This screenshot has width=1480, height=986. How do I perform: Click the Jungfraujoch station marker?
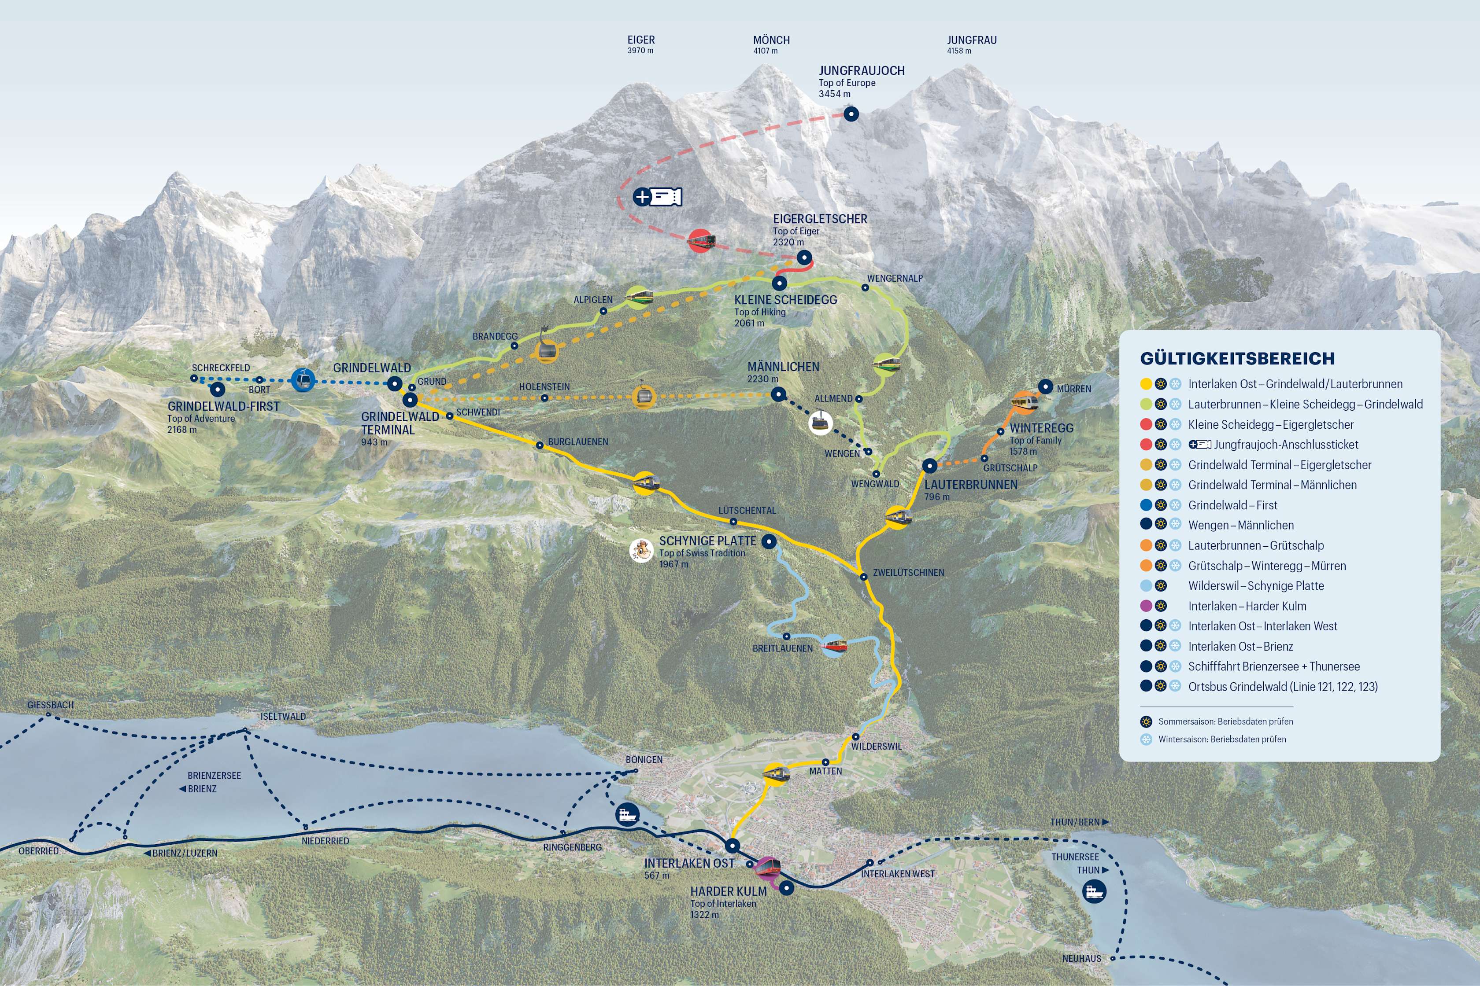851,114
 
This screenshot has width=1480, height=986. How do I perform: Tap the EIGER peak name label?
640,40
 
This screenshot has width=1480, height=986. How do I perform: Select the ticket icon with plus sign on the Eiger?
658,197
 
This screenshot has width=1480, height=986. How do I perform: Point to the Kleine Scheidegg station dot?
779,283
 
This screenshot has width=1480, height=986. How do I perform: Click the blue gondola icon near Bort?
303,380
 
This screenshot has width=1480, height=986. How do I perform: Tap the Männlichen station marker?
778,394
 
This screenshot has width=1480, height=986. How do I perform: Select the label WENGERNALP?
894,278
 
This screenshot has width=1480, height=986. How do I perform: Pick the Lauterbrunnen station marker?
929,465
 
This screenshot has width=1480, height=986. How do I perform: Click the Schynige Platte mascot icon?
641,550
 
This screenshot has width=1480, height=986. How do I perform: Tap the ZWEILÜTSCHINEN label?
908,572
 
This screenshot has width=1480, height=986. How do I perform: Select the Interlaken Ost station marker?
732,845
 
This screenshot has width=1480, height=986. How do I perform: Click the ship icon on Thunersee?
1094,891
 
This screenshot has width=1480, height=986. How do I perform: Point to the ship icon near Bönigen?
627,815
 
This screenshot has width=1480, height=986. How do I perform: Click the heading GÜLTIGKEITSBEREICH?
1237,358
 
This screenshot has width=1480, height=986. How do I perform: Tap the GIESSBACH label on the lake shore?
50,705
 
